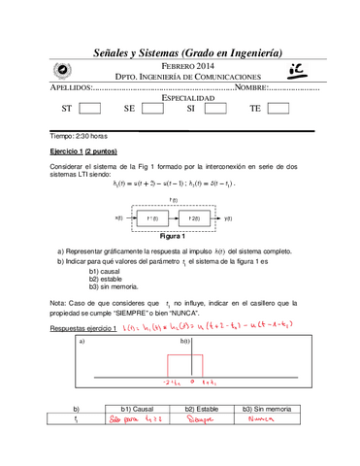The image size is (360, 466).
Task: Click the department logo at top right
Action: click(x=295, y=69)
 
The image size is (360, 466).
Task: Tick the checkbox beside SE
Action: click(x=152, y=109)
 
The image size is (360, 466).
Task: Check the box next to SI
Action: click(x=215, y=109)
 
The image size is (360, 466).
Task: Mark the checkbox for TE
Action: click(x=278, y=109)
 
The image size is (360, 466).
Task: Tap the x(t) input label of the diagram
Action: click(x=119, y=218)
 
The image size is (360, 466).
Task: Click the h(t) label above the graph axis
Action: click(x=184, y=343)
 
